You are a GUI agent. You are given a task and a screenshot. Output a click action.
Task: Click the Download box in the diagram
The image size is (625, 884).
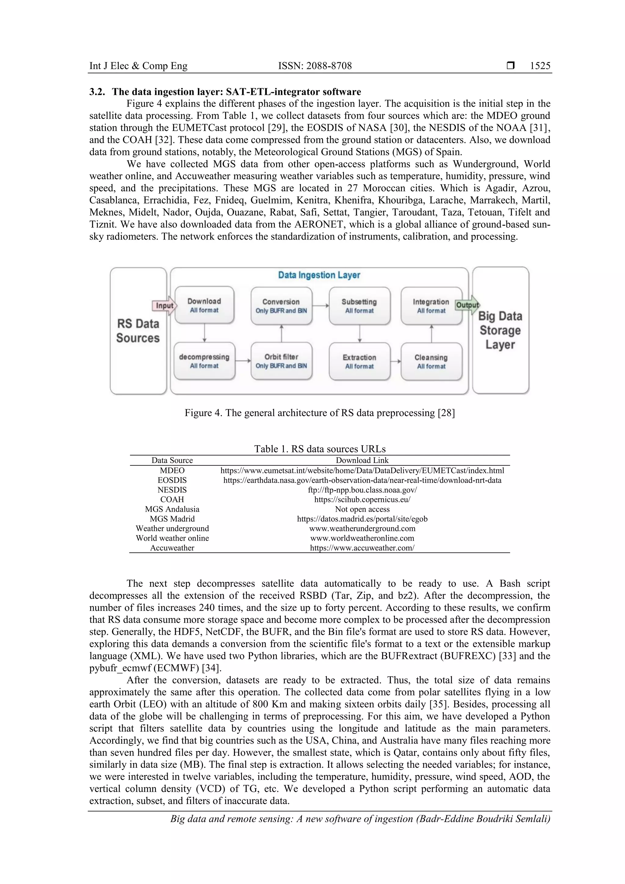point(204,305)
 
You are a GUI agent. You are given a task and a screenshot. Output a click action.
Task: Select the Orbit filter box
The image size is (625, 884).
point(281,361)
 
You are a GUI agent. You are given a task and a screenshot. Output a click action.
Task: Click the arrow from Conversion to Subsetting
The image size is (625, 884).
point(320,306)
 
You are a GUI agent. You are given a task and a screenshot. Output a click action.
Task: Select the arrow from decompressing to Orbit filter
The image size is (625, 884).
point(243,361)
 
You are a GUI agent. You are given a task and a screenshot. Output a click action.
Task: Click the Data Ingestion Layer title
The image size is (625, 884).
point(319,275)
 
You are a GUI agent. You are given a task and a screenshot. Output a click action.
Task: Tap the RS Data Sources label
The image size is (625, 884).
point(138,331)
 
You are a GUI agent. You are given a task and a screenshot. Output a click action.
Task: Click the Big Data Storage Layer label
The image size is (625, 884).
point(500,330)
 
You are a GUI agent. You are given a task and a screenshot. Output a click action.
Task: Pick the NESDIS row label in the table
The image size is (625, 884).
point(172,490)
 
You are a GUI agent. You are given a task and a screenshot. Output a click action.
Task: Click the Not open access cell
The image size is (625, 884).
point(362,509)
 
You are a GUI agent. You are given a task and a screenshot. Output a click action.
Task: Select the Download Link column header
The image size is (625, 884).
point(362,460)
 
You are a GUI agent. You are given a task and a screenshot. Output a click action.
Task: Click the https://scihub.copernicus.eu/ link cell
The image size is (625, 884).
point(362,500)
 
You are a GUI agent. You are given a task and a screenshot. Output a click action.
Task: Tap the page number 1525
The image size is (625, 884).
point(540,66)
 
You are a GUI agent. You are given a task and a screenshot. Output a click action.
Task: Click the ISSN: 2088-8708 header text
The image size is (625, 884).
point(315,66)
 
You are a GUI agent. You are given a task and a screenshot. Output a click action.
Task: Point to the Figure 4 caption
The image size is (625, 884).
point(319,413)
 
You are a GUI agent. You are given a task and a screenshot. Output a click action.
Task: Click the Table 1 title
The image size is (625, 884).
point(319,449)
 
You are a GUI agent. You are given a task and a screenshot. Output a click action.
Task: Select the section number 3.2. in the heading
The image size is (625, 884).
point(97,92)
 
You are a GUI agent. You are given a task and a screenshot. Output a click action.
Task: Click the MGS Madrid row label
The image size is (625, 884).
point(172,519)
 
